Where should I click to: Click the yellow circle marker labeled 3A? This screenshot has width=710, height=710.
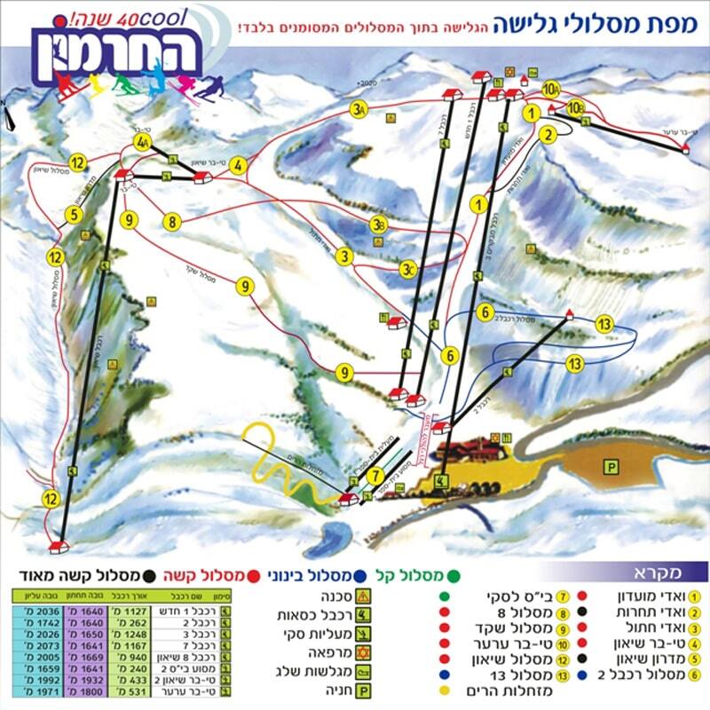click(359, 110)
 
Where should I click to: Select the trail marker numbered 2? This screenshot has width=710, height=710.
click(548, 135)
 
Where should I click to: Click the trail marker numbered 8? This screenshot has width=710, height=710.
click(172, 221)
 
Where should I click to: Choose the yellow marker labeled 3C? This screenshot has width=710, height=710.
click(407, 268)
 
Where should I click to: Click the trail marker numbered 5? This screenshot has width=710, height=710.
click(74, 214)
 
